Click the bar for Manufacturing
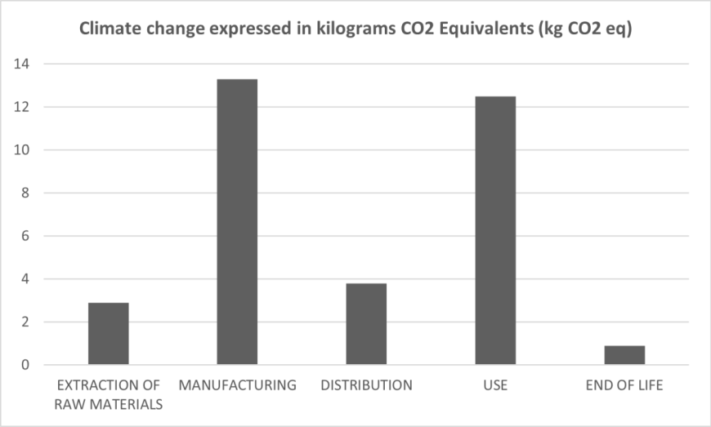[x=237, y=222]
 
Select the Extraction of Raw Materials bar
[x=108, y=334]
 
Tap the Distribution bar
[x=366, y=324]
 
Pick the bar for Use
[x=495, y=230]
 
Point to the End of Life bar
[x=624, y=355]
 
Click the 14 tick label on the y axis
[x=22, y=64]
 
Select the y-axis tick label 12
[x=22, y=107]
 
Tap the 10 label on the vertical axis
[x=22, y=150]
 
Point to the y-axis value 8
[x=25, y=193]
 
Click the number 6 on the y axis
[x=25, y=236]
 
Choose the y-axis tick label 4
[x=25, y=279]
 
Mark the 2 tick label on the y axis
[x=25, y=322]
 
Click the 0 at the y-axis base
[x=25, y=365]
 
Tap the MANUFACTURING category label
[x=237, y=385]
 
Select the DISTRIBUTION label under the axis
[x=366, y=385]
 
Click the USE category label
[x=495, y=385]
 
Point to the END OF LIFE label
[x=624, y=385]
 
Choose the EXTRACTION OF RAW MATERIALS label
[x=108, y=394]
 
